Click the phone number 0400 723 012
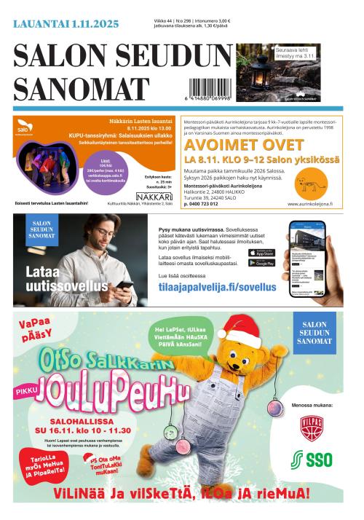211,204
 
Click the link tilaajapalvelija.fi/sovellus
217,288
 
